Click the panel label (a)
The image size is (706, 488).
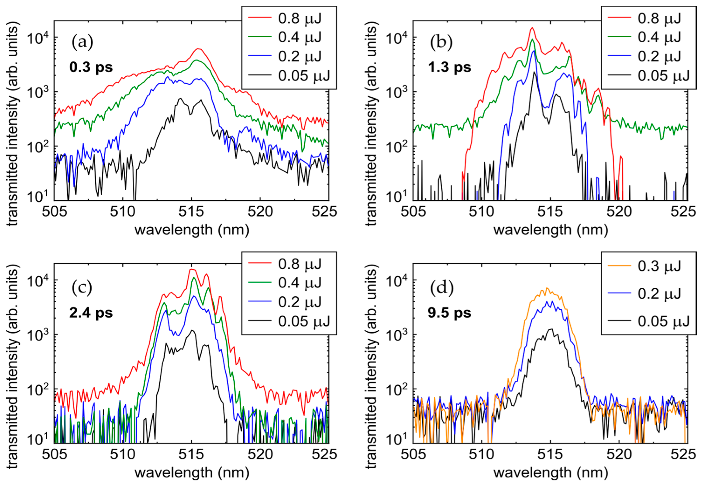coord(82,42)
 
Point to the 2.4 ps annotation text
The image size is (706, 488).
coord(91,313)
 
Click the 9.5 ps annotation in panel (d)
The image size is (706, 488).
coord(449,313)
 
